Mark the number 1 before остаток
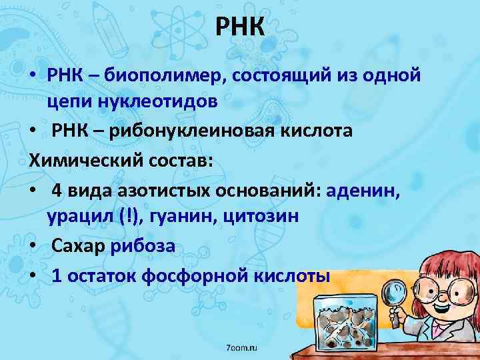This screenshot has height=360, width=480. click(x=57, y=275)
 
